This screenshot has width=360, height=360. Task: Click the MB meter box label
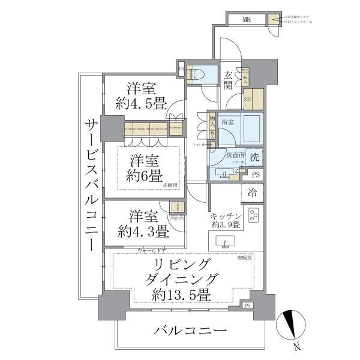point(247,20)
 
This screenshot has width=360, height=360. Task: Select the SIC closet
point(252,100)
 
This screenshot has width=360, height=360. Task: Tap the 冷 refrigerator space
point(253,193)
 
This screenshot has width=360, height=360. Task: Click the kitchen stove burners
point(253,214)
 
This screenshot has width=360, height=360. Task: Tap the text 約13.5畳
point(181,295)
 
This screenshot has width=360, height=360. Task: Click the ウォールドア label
point(152,250)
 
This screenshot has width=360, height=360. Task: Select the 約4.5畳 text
point(142,103)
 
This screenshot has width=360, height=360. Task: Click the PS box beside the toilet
point(181,69)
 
